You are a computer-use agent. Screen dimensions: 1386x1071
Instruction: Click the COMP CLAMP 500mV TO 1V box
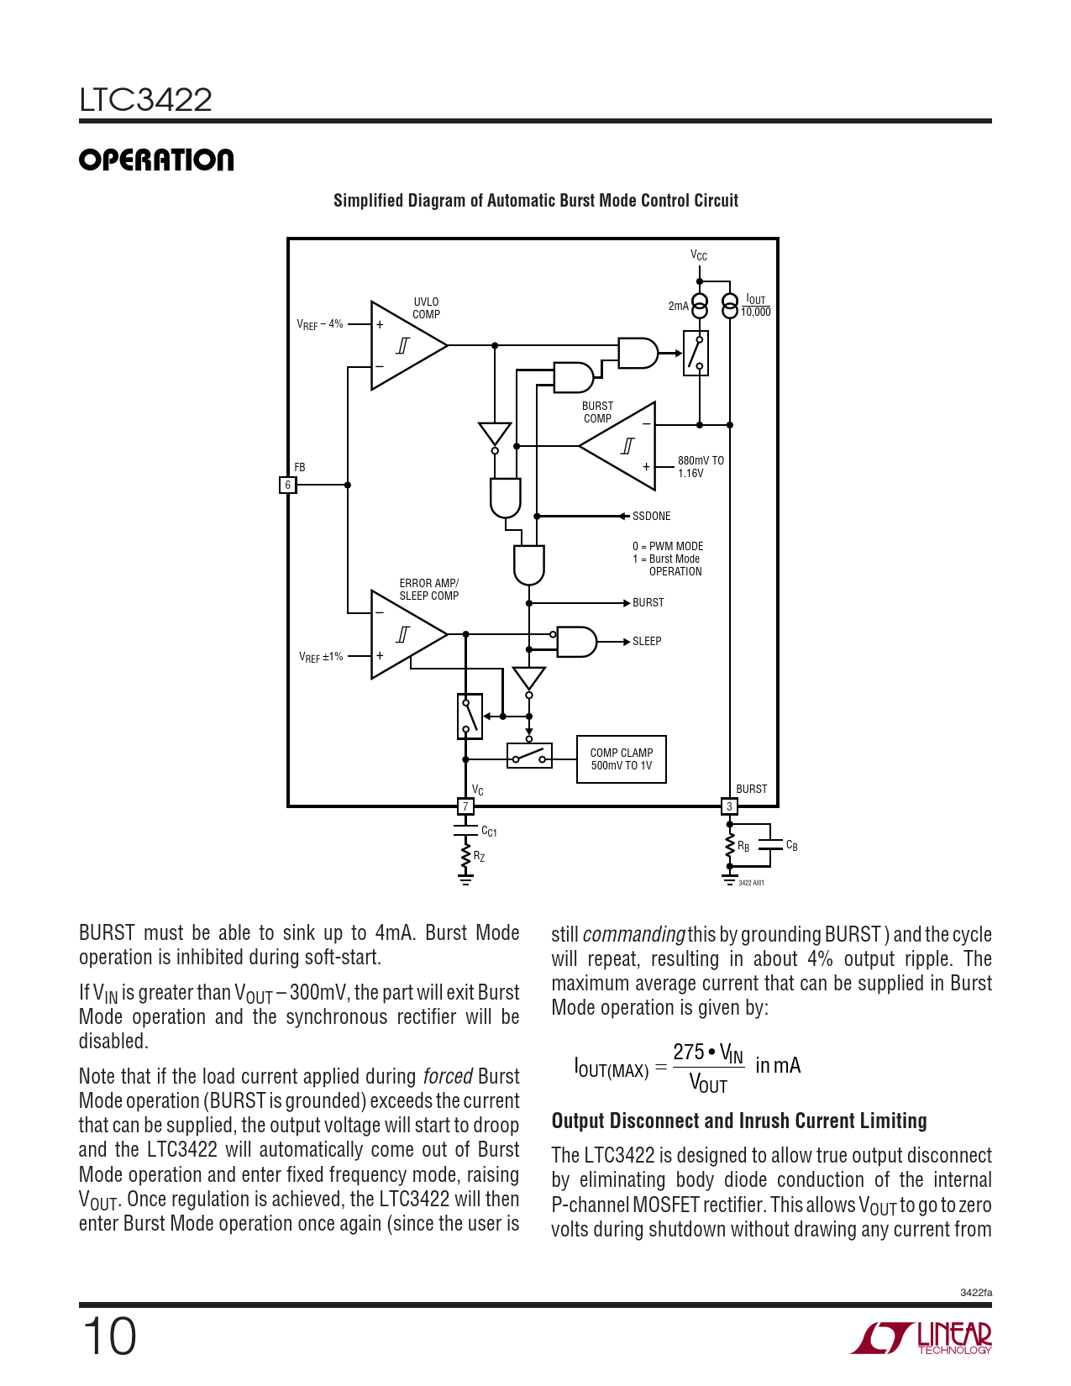(x=621, y=759)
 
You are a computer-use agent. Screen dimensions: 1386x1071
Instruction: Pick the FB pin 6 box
(x=287, y=485)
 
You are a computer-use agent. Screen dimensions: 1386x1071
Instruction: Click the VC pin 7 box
(x=465, y=806)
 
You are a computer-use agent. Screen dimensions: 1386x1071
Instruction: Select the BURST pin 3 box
(x=729, y=806)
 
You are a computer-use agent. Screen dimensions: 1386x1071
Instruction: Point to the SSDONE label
(x=651, y=516)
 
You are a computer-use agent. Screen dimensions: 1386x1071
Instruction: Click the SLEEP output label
(x=647, y=641)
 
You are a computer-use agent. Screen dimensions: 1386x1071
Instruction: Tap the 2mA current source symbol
(x=699, y=306)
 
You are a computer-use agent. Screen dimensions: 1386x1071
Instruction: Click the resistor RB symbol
(x=730, y=847)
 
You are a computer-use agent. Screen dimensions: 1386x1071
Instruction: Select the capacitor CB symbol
(x=770, y=845)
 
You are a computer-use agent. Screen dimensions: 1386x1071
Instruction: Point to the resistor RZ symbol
(x=465, y=857)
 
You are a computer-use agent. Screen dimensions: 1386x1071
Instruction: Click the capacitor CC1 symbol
(x=465, y=830)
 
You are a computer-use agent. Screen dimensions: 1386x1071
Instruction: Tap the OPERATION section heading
(x=156, y=160)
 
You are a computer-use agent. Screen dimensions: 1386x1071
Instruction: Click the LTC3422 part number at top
(x=145, y=100)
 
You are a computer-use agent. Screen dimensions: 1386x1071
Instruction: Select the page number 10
(x=108, y=1336)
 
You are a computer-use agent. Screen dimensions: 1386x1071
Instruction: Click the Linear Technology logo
(x=921, y=1337)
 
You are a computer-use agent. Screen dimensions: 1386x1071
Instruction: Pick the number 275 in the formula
(x=688, y=1052)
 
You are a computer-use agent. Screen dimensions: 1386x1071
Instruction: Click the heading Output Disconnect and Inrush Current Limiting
(x=739, y=1121)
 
